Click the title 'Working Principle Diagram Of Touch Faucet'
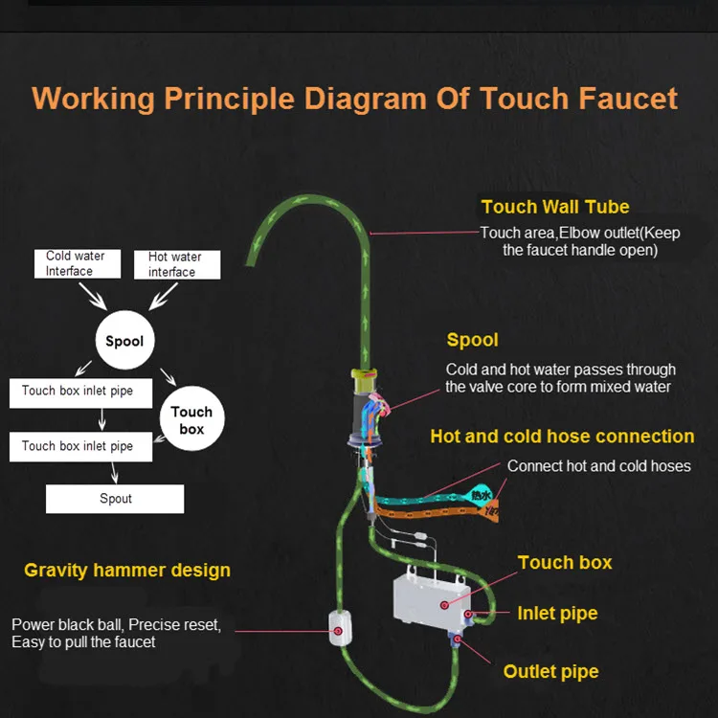coord(355,98)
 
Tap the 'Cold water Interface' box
coord(76,263)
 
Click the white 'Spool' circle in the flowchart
coord(124,341)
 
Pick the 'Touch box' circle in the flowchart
coord(191,419)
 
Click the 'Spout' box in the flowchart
coord(115,499)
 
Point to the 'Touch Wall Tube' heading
coord(555,206)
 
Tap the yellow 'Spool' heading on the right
coord(472,340)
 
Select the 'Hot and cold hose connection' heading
coord(562,437)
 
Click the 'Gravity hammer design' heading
coord(127,571)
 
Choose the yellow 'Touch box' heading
coord(565,562)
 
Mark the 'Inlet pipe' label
coord(557,614)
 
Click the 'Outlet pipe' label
coord(551,671)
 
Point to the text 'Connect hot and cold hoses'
coord(598,466)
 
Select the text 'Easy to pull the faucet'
coord(83,641)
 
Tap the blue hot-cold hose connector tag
coord(480,494)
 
